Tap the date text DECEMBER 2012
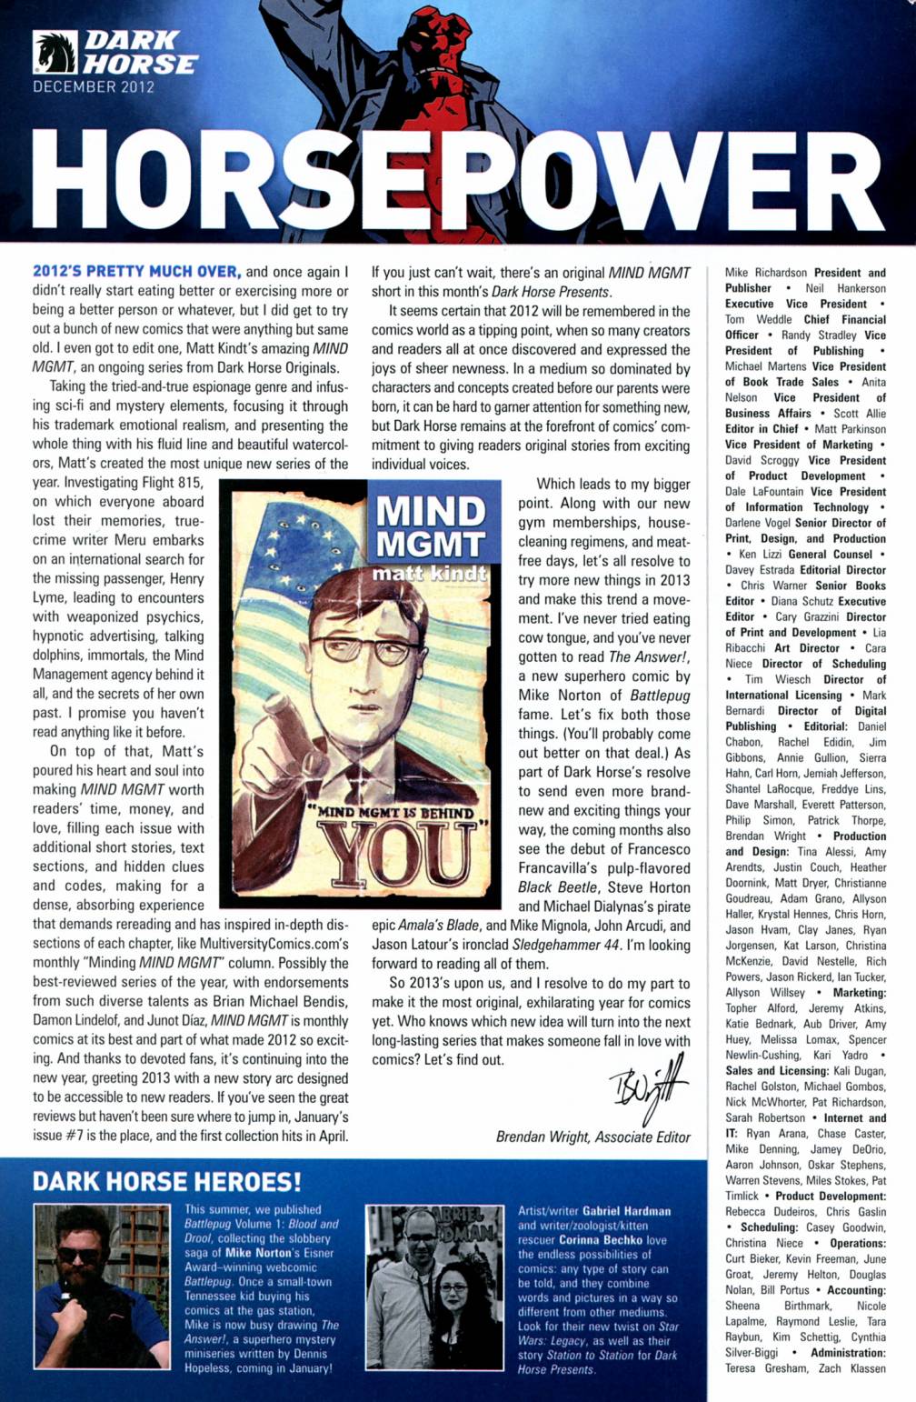94,87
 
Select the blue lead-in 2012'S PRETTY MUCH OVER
136,271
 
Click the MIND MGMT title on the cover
430,527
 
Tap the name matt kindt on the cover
430,574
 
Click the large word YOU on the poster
400,856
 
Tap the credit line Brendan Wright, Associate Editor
592,1137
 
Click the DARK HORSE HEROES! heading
166,1181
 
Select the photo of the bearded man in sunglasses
102,1286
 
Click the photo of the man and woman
433,1286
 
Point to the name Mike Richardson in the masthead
765,272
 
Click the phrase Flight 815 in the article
170,483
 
